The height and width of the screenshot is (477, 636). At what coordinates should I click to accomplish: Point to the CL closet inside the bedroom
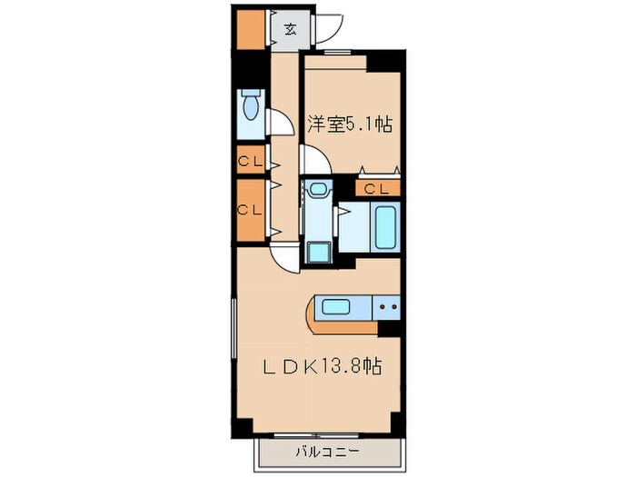(378, 188)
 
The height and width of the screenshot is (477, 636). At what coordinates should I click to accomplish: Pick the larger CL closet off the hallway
(250, 209)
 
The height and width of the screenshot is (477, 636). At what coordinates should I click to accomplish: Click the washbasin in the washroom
(317, 190)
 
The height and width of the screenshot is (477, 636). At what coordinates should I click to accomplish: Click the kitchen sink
(336, 307)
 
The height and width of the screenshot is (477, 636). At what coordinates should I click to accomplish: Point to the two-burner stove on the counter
(388, 307)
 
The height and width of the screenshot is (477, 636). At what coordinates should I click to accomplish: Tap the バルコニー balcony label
(326, 452)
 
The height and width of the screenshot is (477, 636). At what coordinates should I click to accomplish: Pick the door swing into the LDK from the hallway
(284, 256)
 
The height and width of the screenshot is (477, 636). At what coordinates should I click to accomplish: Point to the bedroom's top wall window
(334, 52)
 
